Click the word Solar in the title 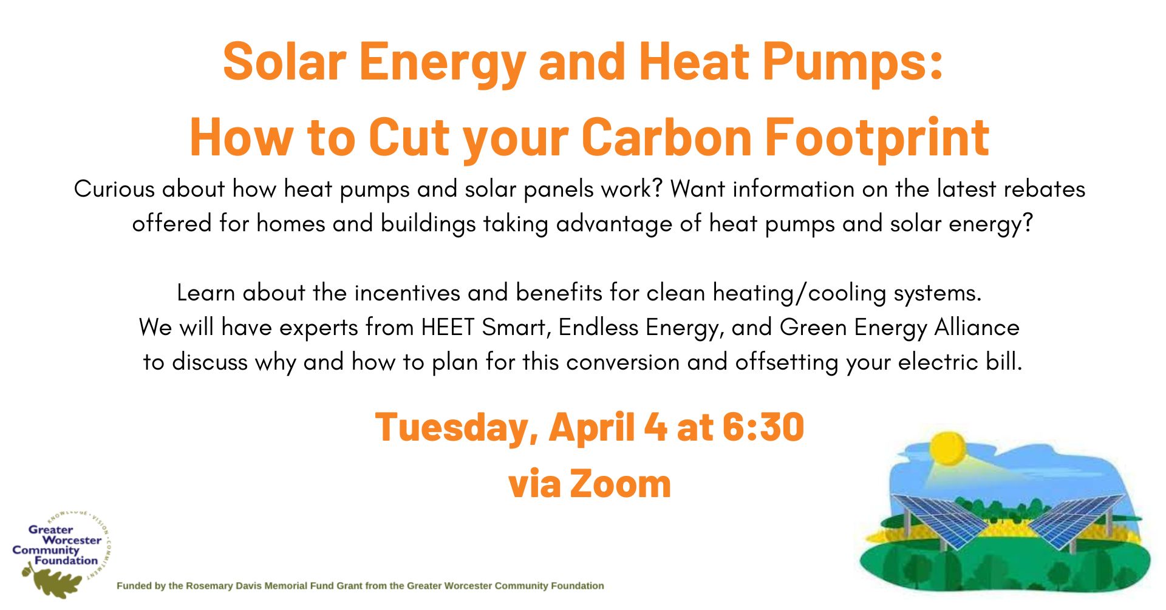point(284,61)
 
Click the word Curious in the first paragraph point(115,189)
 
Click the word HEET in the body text point(448,328)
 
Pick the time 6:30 point(763,427)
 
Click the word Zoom point(621,484)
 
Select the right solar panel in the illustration point(1076,520)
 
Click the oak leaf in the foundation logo point(54,580)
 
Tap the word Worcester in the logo point(72,540)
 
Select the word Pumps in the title point(853,63)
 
